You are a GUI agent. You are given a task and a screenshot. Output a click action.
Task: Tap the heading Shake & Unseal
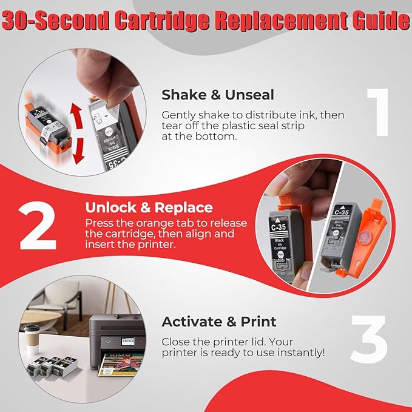pyautogui.click(x=218, y=95)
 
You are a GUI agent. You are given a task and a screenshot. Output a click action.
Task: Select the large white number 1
pyautogui.click(x=378, y=112)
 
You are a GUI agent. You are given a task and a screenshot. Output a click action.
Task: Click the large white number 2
pyautogui.click(x=38, y=226)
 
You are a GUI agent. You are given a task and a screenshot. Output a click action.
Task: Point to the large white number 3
pyautogui.click(x=369, y=339)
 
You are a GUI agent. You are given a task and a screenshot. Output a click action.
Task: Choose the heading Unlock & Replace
pyautogui.click(x=149, y=208)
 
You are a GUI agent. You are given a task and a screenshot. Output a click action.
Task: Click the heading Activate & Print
pyautogui.click(x=219, y=322)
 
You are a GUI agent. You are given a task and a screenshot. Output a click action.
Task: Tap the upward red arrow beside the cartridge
pyautogui.click(x=76, y=116)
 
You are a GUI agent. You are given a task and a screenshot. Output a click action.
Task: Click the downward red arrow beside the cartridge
pyautogui.click(x=78, y=151)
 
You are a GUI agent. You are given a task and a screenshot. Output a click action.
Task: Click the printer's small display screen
pyautogui.click(x=128, y=342)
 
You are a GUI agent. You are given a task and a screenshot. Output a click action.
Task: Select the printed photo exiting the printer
pyautogui.click(x=121, y=364)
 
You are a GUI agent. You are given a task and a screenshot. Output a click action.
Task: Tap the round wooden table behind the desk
pyautogui.click(x=39, y=319)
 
